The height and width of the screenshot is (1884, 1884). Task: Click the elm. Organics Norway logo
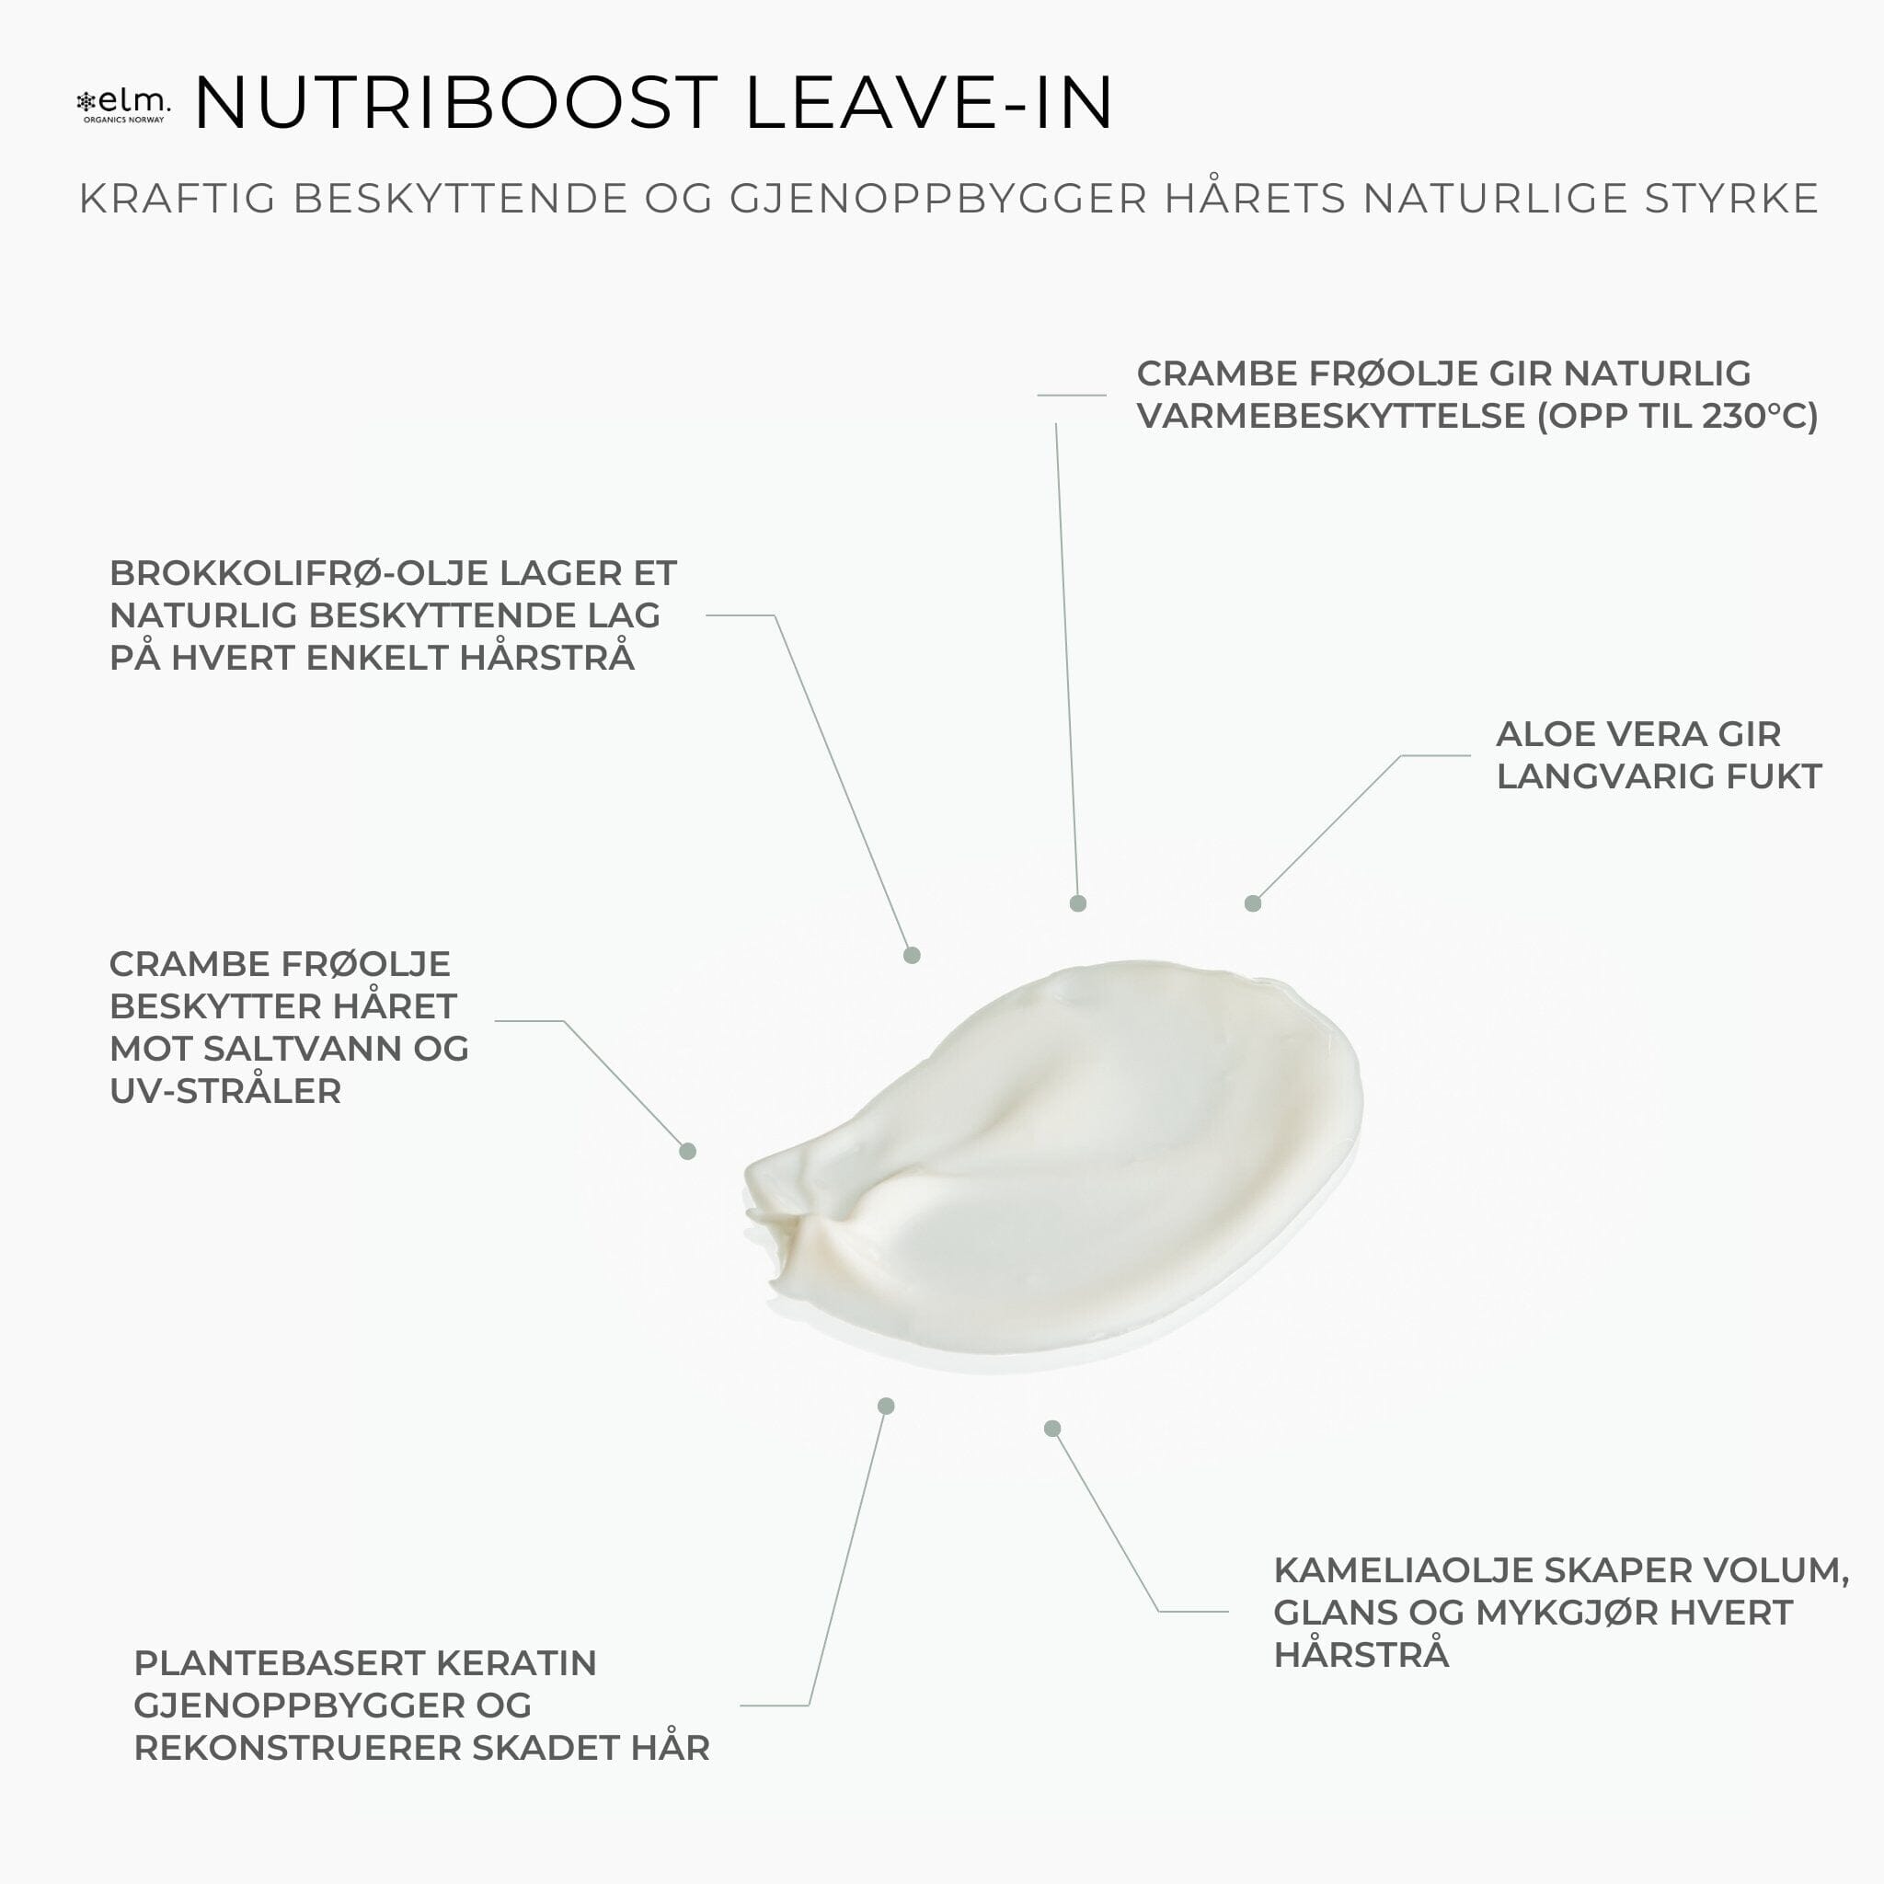pyautogui.click(x=123, y=104)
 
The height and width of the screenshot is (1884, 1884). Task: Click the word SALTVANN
pyautogui.click(x=305, y=1049)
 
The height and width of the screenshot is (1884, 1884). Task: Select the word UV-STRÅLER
pyautogui.click(x=225, y=1091)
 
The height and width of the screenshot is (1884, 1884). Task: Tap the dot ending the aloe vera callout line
pyautogui.click(x=1253, y=904)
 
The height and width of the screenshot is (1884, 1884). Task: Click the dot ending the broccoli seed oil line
pyautogui.click(x=912, y=956)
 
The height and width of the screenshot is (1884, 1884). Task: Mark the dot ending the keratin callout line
pyautogui.click(x=887, y=1407)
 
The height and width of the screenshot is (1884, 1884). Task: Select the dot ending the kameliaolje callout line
pyautogui.click(x=1052, y=1429)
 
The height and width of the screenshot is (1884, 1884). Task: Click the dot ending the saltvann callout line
pyautogui.click(x=687, y=1152)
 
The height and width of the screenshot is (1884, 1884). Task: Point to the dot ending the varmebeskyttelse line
pyautogui.click(x=1077, y=904)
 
